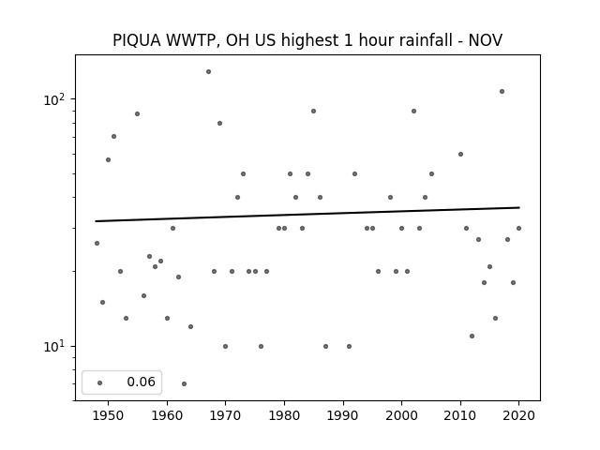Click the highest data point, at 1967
208,71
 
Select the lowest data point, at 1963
184,383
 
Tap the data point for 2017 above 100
502,92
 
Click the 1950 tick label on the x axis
109,415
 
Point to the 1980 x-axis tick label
284,415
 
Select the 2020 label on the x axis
518,415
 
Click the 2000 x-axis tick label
402,415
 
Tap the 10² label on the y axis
54,99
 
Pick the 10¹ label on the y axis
54,347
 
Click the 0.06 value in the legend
142,382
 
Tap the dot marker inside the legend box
100,382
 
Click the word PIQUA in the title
137,40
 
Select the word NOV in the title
486,40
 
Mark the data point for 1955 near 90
138,114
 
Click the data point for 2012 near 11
472,336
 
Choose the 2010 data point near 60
460,154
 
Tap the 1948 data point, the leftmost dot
97,244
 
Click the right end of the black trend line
519,208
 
